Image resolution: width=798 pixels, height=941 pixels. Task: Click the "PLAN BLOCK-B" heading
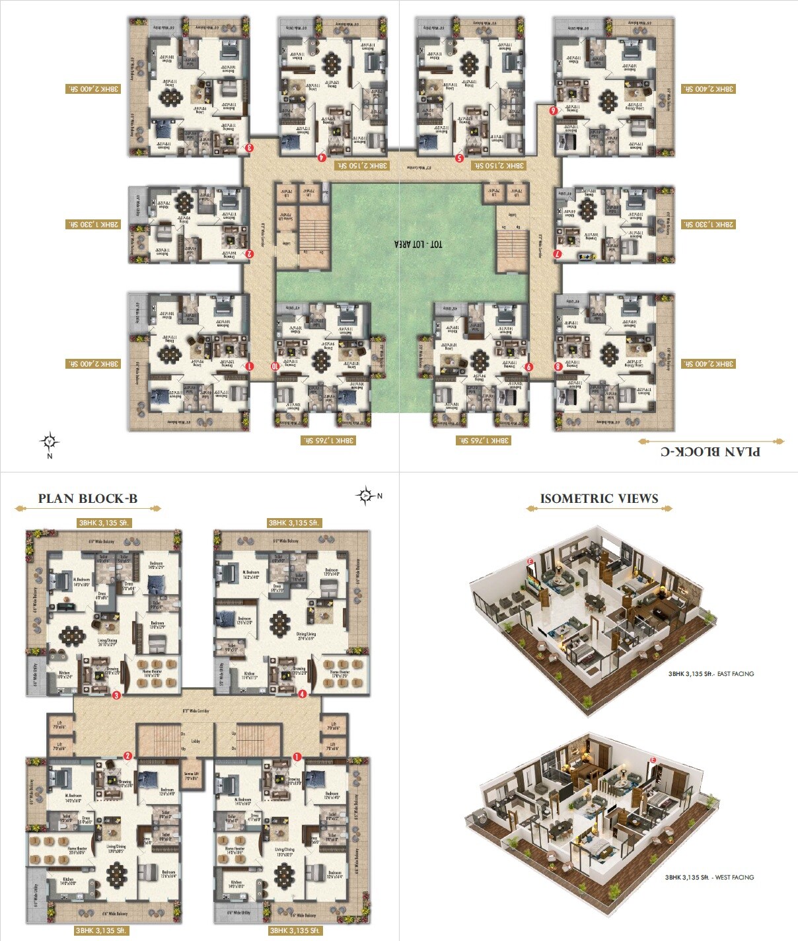tap(88, 499)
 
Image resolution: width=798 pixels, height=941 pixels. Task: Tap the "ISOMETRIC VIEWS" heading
tap(599, 499)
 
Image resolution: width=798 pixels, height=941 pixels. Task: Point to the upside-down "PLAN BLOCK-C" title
tap(710, 451)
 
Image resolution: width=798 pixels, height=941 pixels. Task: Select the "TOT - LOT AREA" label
tap(419, 244)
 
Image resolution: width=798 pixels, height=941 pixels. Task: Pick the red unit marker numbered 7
tap(558, 253)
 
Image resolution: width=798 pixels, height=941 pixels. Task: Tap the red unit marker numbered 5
tap(460, 158)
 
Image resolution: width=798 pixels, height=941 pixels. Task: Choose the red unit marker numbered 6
tap(552, 110)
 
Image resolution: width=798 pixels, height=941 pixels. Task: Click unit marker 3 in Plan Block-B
tap(116, 695)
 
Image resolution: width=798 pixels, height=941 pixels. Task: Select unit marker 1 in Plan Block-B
tap(297, 756)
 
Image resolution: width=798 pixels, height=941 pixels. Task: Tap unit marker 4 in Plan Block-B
tap(302, 694)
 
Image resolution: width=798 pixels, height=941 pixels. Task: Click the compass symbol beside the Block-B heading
tap(365, 495)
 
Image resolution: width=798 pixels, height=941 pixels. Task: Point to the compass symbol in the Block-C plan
tap(50, 441)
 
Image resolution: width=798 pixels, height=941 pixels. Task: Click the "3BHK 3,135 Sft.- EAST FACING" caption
tap(711, 674)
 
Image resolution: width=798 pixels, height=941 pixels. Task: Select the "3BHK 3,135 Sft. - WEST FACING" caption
tap(709, 877)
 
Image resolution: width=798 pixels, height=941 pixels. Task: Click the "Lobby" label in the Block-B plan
tap(196, 741)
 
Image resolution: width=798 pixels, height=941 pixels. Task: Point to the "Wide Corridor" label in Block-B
tap(196, 711)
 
